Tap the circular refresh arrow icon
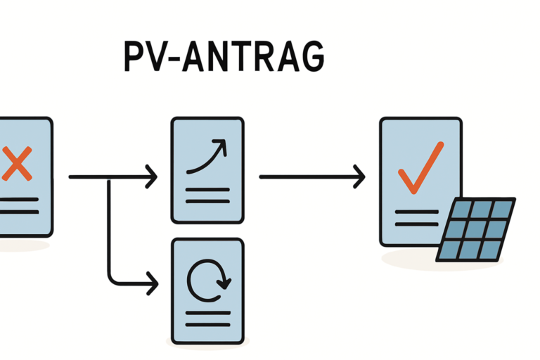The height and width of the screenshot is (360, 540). click(207, 280)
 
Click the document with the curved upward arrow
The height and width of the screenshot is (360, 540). click(207, 170)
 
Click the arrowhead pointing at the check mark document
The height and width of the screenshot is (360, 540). click(359, 177)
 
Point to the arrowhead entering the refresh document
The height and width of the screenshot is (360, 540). click(151, 284)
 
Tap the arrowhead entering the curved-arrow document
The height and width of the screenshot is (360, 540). click(151, 177)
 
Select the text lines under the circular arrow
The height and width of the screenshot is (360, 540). click(207, 316)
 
